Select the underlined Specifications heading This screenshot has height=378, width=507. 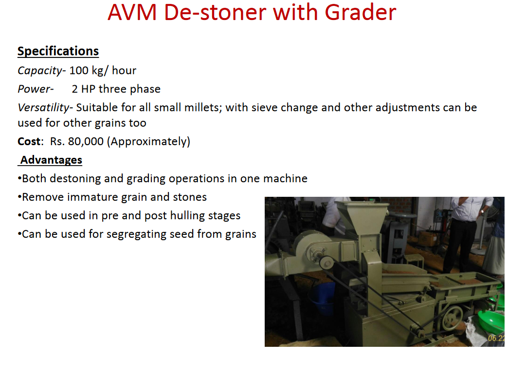(x=58, y=51)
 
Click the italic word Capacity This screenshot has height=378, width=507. (x=40, y=71)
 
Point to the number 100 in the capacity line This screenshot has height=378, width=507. (x=79, y=70)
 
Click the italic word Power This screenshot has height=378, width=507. (x=34, y=89)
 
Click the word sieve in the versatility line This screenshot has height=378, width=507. (x=264, y=107)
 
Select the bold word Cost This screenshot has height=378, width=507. (x=29, y=141)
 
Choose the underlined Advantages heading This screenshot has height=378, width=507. (x=51, y=160)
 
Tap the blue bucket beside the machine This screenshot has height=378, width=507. (x=323, y=298)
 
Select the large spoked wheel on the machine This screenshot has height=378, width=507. (x=453, y=318)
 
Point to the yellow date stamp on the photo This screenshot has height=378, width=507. (x=496, y=338)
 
